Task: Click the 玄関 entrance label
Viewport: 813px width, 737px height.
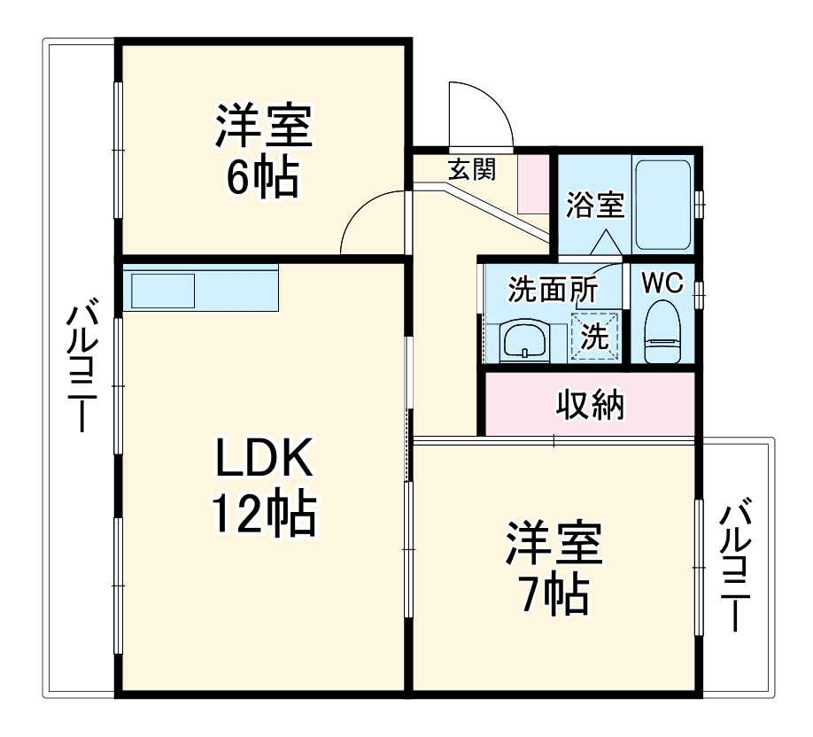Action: pyautogui.click(x=470, y=169)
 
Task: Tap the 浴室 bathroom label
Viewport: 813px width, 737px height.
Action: pyautogui.click(x=595, y=205)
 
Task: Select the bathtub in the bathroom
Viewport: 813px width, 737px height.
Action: pyautogui.click(x=663, y=206)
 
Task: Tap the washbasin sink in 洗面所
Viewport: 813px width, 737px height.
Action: pyautogui.click(x=525, y=340)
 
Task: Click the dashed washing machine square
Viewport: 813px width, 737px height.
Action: pyautogui.click(x=593, y=337)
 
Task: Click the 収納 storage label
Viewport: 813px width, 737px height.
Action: pyautogui.click(x=590, y=406)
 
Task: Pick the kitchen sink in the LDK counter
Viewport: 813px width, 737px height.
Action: pyautogui.click(x=163, y=290)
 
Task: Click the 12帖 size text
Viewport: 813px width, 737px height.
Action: pyautogui.click(x=262, y=514)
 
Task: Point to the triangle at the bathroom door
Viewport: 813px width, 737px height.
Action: pyautogui.click(x=606, y=241)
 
